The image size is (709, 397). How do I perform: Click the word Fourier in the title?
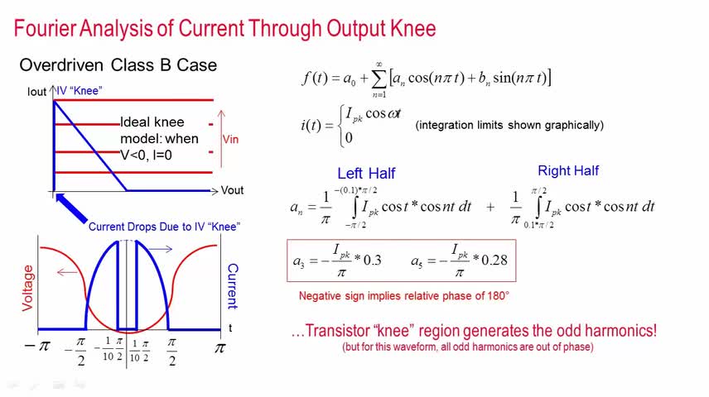[46, 28]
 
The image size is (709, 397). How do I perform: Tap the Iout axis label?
[36, 92]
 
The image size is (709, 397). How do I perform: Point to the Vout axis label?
[232, 190]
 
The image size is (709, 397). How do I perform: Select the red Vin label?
[230, 139]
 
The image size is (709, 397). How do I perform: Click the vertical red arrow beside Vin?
[221, 139]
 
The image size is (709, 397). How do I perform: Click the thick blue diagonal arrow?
[71, 208]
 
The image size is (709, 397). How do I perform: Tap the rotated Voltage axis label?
[27, 288]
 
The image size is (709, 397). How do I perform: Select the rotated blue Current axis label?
[233, 286]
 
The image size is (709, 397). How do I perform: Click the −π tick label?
[37, 346]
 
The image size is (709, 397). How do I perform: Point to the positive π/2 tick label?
[171, 352]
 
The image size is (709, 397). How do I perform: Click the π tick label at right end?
[219, 348]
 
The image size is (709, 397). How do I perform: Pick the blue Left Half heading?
[366, 173]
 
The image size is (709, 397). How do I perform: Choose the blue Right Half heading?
[568, 170]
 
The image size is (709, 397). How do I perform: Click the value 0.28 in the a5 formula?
[494, 261]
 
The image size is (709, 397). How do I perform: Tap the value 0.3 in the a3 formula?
[372, 261]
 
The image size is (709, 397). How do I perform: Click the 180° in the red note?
[499, 296]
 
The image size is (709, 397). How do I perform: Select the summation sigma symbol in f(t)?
[379, 79]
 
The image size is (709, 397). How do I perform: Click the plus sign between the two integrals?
[490, 208]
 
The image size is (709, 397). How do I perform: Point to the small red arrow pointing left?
[67, 272]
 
